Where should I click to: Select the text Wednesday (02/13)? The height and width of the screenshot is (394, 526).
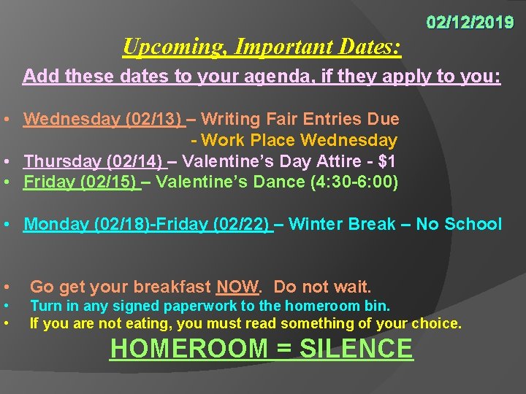coord(103,119)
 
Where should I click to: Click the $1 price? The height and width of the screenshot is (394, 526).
coord(387,161)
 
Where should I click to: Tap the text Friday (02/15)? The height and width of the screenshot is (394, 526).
coord(82,182)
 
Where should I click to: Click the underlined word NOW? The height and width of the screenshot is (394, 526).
coord(237,287)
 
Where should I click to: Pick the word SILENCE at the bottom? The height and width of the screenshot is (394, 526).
coord(356,349)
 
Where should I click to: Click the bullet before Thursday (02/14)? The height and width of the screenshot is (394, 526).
coord(6,161)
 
